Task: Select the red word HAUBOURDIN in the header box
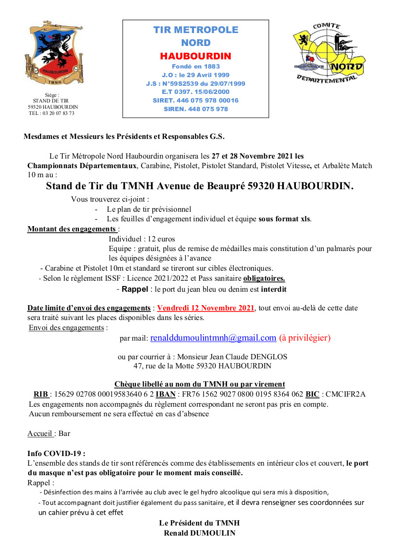[195, 56]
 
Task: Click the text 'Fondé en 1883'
[195, 66]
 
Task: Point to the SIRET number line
[195, 100]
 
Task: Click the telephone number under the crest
[51, 113]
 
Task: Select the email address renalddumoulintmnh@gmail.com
[213, 338]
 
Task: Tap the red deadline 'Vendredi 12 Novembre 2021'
[206, 308]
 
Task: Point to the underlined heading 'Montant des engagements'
[72, 229]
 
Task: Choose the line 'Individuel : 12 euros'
[142, 239]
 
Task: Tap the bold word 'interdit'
[272, 289]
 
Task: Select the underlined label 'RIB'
[41, 394]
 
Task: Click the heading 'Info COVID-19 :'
[56, 453]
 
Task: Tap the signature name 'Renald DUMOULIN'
[199, 533]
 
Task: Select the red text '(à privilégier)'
[305, 338]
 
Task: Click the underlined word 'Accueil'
[40, 434]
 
